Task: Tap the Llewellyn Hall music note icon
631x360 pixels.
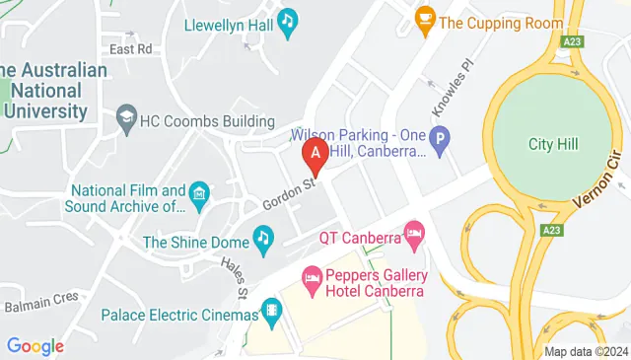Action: coord(288,22)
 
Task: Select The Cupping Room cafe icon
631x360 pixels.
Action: coord(425,20)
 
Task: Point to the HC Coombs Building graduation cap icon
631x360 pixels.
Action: coord(126,121)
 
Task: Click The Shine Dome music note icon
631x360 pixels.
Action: coord(263,237)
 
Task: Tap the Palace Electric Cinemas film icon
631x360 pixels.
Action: coord(271,315)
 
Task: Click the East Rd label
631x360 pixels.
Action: coord(131,48)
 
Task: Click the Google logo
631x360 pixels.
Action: coord(35,346)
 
